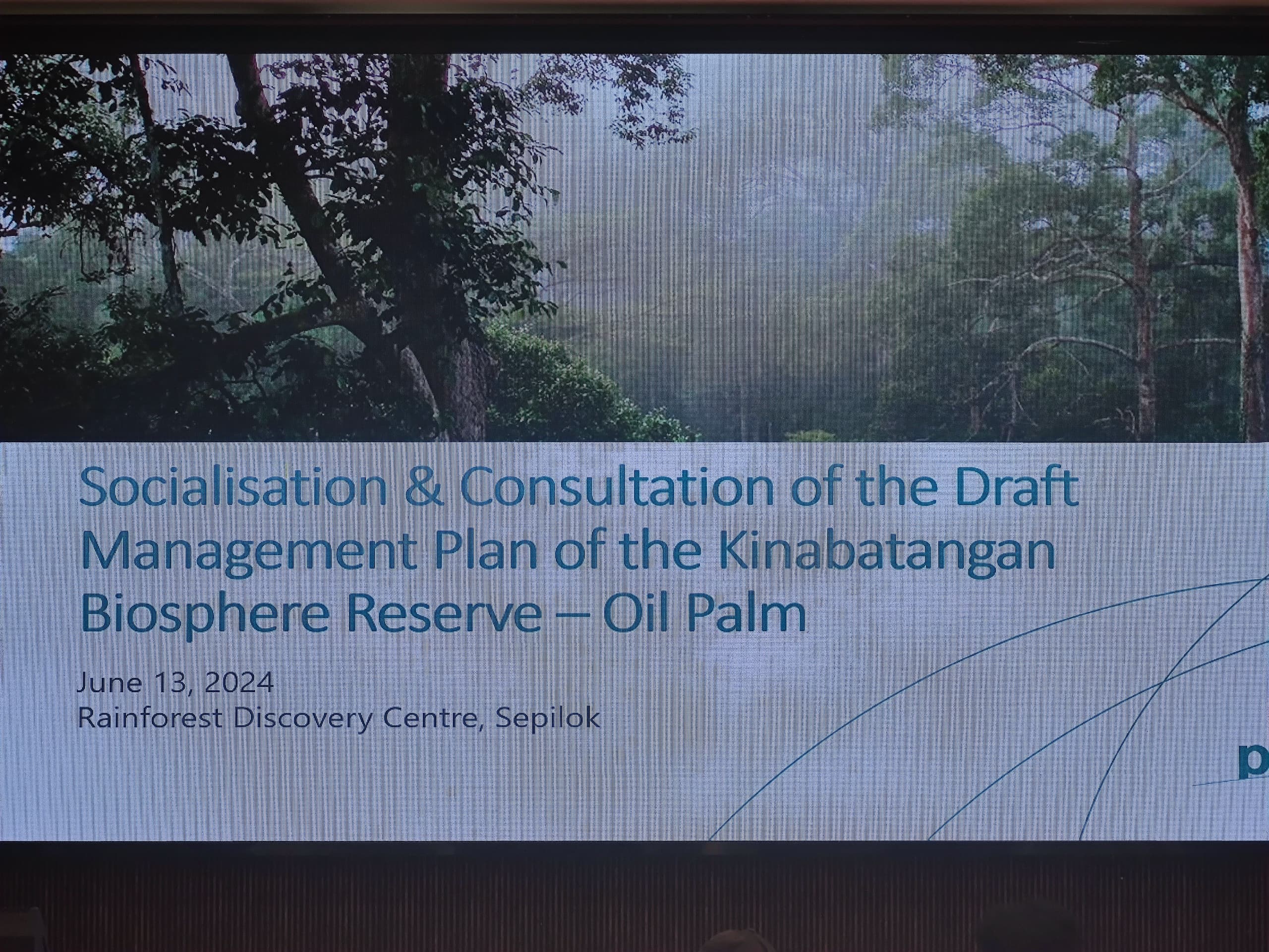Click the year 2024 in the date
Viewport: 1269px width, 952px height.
tap(238, 683)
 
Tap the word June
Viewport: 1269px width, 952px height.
tap(109, 683)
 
